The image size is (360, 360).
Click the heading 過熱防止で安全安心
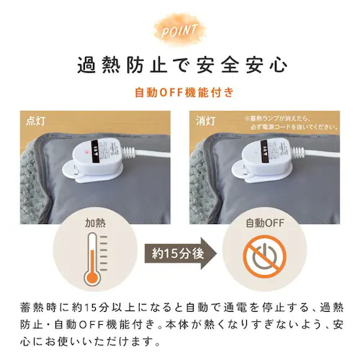180,66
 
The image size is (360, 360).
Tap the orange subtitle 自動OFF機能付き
180,94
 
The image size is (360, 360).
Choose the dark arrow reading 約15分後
179,253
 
